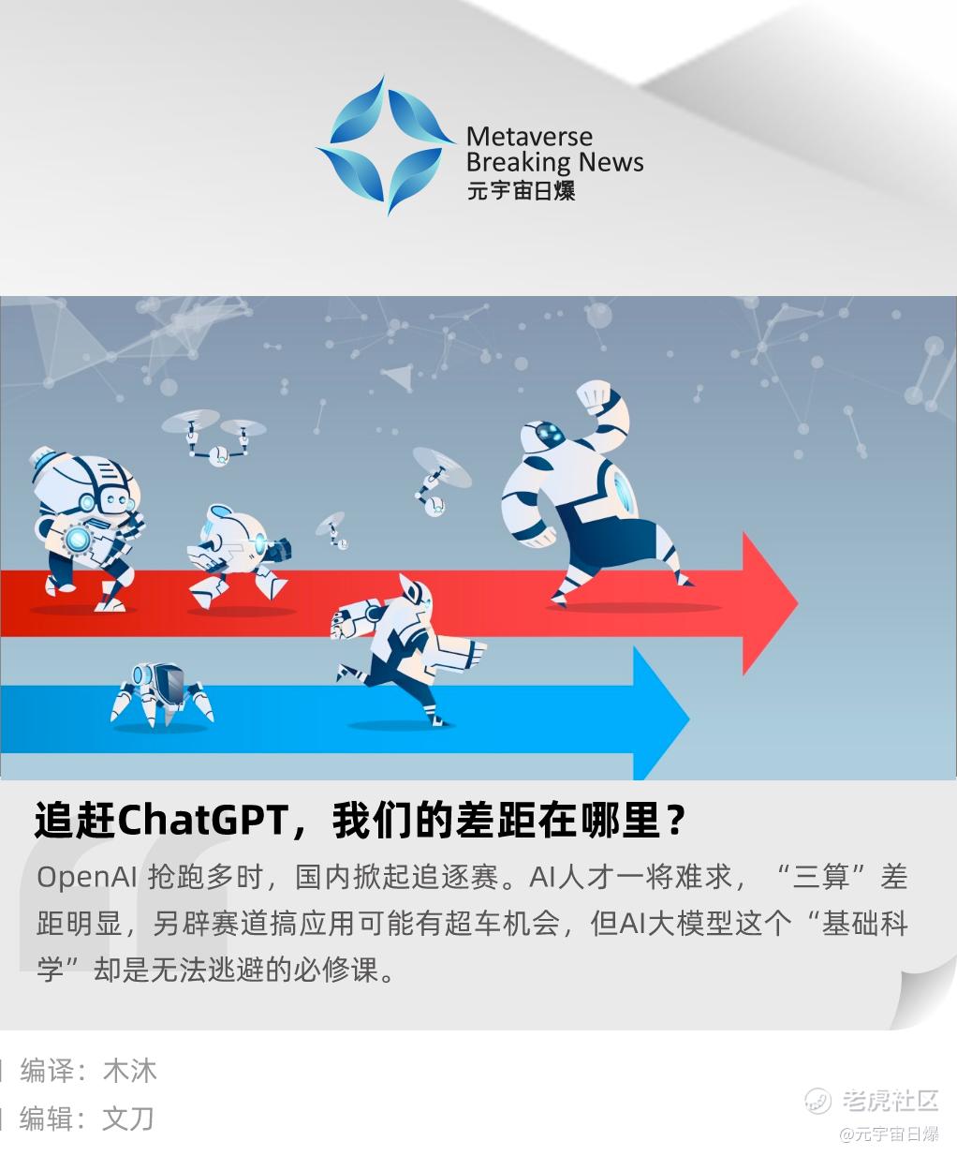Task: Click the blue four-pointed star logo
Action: click(387, 145)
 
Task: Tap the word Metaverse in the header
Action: click(529, 136)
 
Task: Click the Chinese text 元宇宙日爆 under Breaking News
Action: click(521, 190)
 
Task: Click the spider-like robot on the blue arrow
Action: click(162, 695)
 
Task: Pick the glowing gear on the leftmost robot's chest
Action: click(77, 538)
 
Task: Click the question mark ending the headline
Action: click(675, 820)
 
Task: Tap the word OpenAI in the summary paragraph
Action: click(87, 877)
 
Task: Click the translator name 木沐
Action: click(130, 1071)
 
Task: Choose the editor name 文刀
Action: click(128, 1119)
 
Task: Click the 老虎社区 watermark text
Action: click(890, 1100)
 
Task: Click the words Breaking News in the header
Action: click(554, 162)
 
